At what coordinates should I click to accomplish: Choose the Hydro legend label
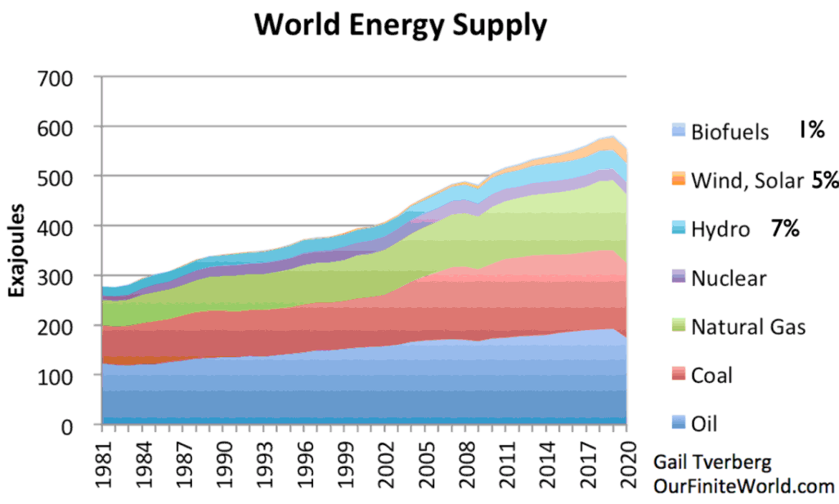point(720,230)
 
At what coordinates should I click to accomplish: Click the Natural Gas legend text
point(748,327)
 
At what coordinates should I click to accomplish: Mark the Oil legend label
point(704,424)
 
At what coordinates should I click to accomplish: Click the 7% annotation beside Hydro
point(784,229)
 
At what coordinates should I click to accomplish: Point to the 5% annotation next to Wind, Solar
point(824,181)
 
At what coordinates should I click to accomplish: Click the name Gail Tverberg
point(711,462)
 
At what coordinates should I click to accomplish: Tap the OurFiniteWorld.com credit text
point(743,485)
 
